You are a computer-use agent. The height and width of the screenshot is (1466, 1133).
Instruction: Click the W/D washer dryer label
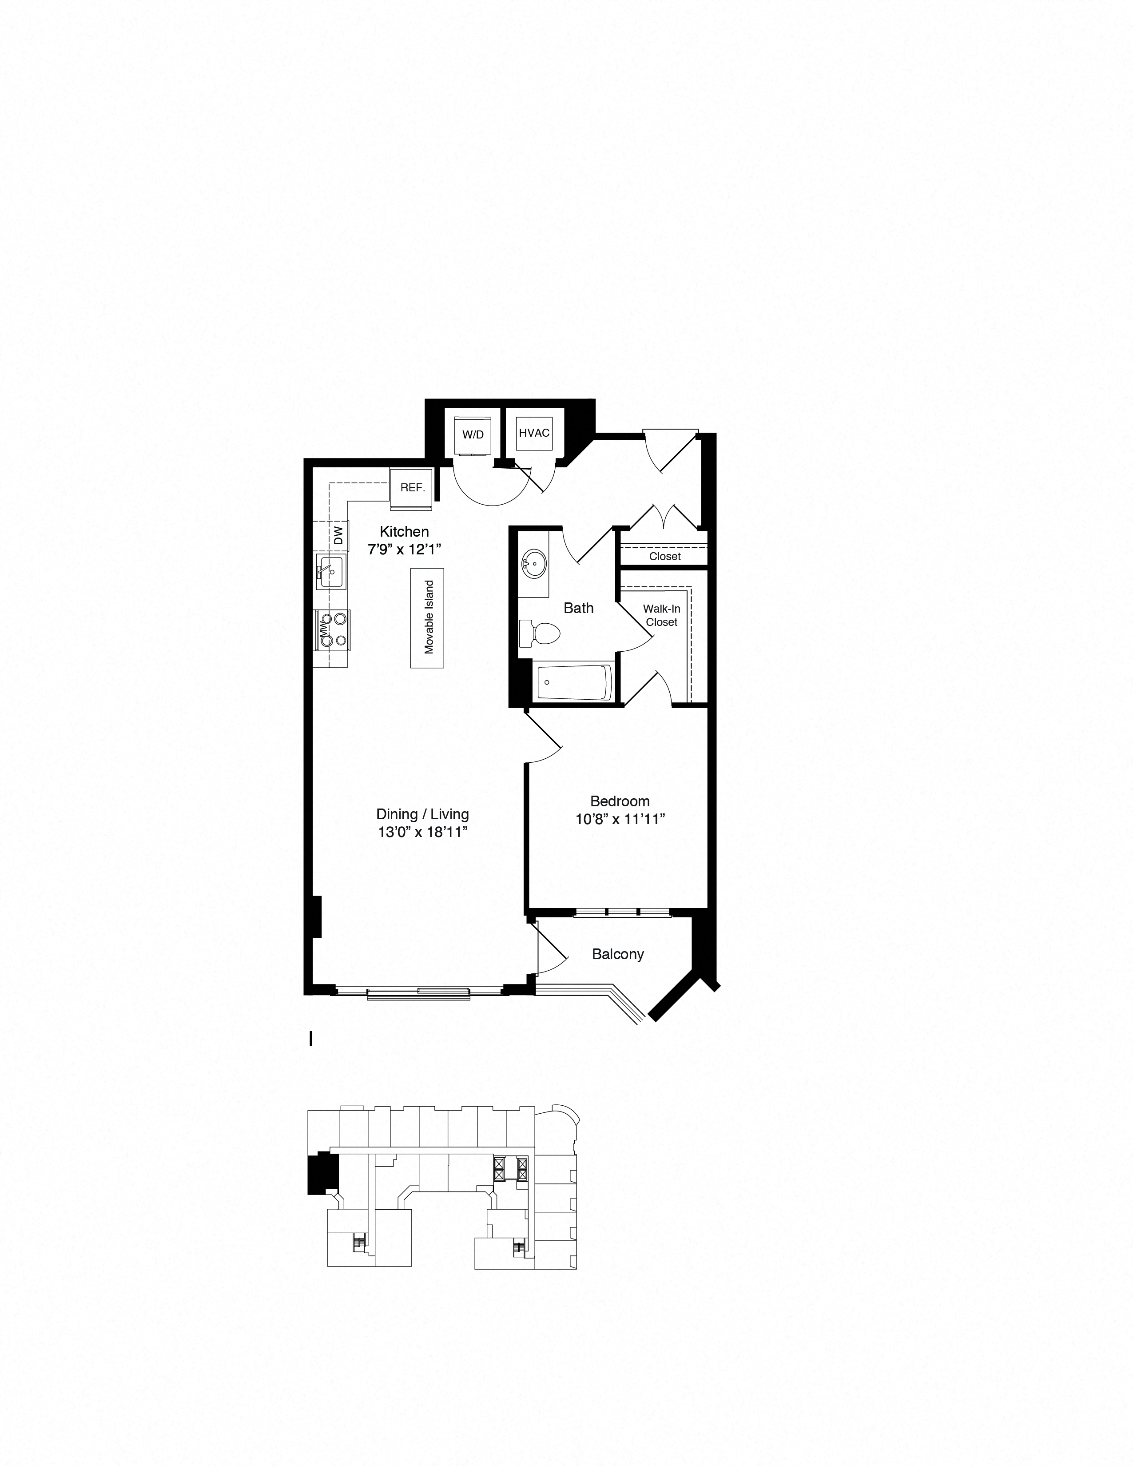click(x=473, y=434)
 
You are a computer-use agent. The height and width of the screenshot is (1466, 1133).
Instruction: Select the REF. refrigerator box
click(x=412, y=487)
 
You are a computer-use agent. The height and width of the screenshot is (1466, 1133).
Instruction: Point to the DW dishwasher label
click(x=338, y=535)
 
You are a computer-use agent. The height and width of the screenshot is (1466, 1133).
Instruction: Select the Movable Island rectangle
click(x=428, y=617)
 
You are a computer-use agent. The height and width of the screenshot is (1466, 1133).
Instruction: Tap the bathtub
click(x=575, y=682)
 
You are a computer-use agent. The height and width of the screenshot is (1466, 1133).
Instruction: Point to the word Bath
click(x=579, y=608)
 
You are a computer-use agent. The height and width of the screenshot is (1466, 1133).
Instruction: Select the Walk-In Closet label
click(x=662, y=616)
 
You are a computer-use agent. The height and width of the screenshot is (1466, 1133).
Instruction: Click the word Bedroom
click(x=620, y=801)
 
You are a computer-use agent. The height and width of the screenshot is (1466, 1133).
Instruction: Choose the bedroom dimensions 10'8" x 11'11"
click(x=620, y=819)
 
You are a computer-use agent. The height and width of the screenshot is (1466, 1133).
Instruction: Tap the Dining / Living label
click(x=422, y=814)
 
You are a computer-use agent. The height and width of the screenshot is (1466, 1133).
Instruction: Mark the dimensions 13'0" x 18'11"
click(x=422, y=833)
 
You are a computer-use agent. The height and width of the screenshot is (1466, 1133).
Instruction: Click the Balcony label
click(x=617, y=954)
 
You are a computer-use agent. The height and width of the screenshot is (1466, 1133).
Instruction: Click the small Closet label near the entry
click(x=664, y=557)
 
